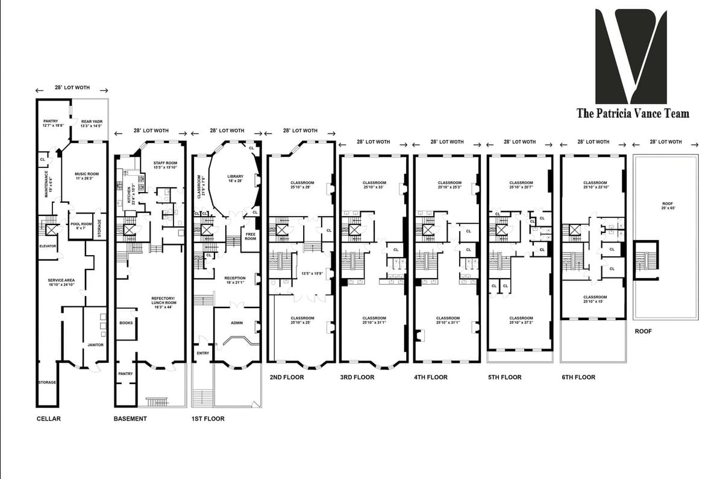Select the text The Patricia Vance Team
point(633,113)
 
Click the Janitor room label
point(95,345)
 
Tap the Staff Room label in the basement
point(164,165)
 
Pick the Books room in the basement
point(126,323)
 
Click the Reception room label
point(234,280)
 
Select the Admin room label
point(237,323)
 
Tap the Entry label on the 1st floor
point(202,353)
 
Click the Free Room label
point(251,236)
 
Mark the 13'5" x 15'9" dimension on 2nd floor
point(312,274)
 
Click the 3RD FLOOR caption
point(357,377)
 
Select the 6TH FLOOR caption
point(578,377)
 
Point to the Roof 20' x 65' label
point(666,208)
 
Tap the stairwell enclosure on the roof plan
point(646,261)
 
